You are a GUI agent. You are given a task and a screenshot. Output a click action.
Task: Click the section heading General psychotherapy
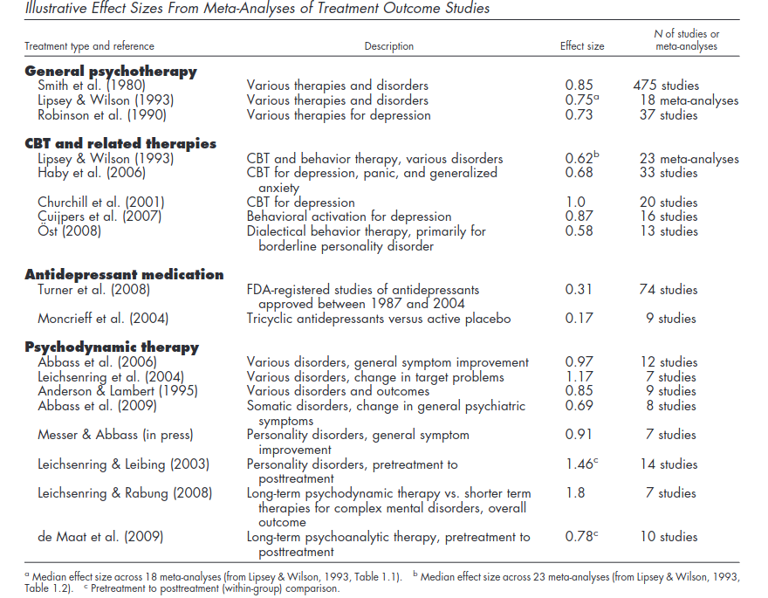[x=111, y=72]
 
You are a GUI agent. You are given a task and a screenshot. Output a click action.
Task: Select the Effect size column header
[x=582, y=46]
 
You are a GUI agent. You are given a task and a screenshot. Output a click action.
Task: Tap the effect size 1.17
[x=579, y=376]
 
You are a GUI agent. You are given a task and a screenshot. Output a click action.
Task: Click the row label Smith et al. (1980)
[x=92, y=86]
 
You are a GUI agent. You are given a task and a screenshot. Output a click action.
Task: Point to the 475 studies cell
[x=666, y=86]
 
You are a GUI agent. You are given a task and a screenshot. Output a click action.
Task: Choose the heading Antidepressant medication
[x=125, y=274]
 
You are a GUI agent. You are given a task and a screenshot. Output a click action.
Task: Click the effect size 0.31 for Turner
[x=579, y=290]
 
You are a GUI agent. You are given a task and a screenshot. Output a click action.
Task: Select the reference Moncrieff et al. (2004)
[x=103, y=319]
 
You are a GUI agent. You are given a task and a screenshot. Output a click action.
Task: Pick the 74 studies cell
[x=669, y=290]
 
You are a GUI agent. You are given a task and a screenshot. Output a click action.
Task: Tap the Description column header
[x=389, y=46]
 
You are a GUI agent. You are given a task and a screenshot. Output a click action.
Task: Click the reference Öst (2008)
[x=70, y=230]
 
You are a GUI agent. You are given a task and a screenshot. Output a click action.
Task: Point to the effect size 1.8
[x=575, y=492]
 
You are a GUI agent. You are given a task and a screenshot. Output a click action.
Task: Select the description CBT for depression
[x=301, y=203]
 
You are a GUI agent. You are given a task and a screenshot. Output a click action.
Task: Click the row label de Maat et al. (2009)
[x=100, y=537]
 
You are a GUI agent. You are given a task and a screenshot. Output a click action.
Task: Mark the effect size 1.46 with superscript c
[x=582, y=464]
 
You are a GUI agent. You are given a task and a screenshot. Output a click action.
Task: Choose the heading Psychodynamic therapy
[x=113, y=347]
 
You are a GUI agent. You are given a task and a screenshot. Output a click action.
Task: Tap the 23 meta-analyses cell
[x=689, y=159]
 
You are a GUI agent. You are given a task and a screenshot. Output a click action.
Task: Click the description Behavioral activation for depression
[x=349, y=217]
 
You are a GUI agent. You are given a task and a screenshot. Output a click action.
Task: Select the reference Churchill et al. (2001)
[x=101, y=203]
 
